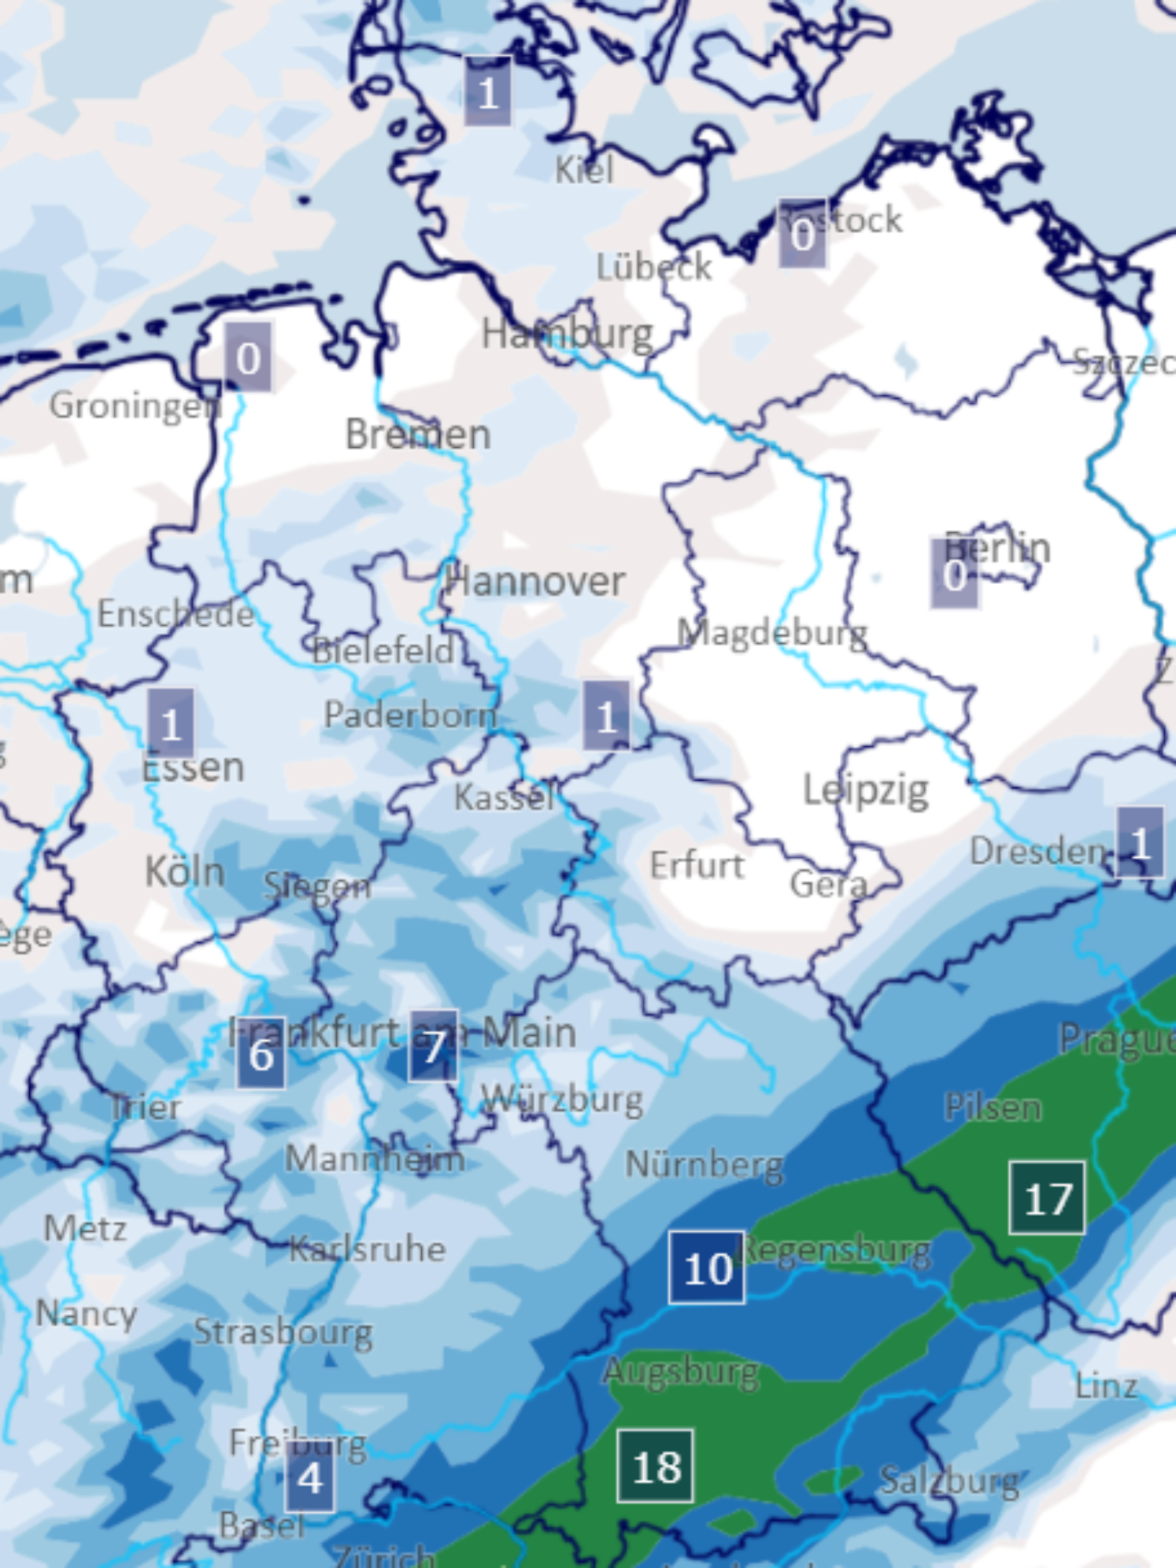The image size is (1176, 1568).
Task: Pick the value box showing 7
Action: click(x=433, y=1046)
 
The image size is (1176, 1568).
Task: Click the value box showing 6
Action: click(x=261, y=1053)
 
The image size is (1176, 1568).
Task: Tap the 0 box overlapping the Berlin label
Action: click(x=954, y=574)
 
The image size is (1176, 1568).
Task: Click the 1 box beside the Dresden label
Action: click(x=1139, y=842)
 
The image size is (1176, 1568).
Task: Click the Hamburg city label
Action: click(x=567, y=333)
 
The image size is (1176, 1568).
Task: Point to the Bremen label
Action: click(x=418, y=434)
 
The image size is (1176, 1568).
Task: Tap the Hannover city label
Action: click(x=535, y=581)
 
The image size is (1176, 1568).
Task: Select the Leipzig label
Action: click(x=866, y=790)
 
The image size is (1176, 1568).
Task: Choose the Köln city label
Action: click(x=184, y=870)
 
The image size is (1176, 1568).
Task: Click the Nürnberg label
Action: click(x=704, y=1164)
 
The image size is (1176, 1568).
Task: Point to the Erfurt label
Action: click(x=697, y=865)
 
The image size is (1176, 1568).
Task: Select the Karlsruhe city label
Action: click(x=368, y=1249)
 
